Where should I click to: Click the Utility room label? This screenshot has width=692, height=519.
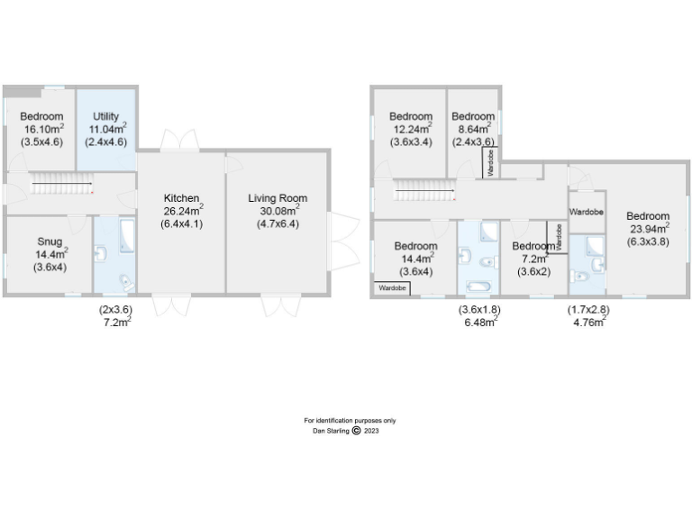point(105,116)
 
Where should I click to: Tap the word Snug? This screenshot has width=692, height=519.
point(50,241)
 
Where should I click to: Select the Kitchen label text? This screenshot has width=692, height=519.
point(181,198)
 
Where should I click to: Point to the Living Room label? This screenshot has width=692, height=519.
point(277,198)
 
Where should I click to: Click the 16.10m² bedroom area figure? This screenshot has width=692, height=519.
point(42,129)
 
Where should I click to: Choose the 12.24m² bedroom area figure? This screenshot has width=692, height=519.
point(411,129)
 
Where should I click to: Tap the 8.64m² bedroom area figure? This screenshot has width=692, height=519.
point(473,129)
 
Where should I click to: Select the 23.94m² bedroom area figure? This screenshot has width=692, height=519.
point(648,228)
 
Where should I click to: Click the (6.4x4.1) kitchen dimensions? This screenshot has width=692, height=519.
point(181,223)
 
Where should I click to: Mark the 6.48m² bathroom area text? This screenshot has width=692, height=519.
point(480,322)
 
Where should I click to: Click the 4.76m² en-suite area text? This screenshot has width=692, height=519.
point(587,322)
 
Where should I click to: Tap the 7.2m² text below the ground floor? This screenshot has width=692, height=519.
point(114,322)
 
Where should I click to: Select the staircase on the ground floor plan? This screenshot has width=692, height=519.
point(62,187)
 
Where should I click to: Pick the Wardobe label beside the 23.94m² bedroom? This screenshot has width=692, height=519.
point(586,212)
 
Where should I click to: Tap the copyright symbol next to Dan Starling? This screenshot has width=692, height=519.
point(356,431)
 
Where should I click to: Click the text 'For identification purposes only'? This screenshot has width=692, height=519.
point(350,421)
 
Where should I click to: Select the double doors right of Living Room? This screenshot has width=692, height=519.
point(340,236)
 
